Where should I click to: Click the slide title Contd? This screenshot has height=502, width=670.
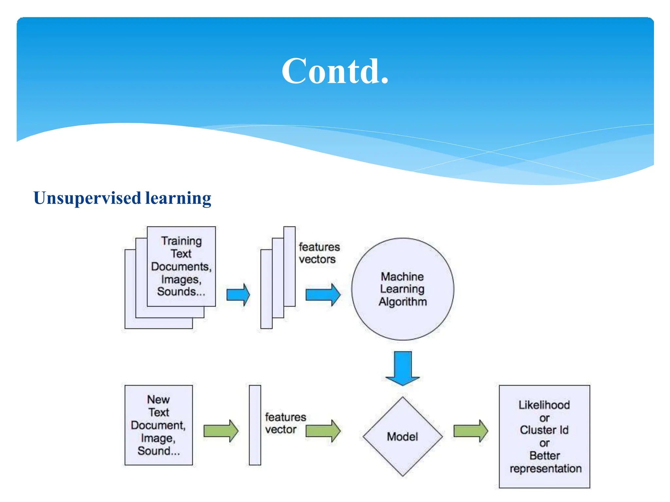(x=335, y=71)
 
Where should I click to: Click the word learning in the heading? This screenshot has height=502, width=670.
(x=178, y=198)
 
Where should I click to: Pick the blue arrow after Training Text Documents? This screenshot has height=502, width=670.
(x=238, y=295)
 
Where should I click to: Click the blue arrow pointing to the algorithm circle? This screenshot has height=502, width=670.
(x=323, y=295)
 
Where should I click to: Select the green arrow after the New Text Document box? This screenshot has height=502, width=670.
(x=220, y=431)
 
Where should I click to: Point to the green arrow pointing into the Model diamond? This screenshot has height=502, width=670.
(x=323, y=431)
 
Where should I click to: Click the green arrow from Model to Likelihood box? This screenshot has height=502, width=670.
(x=470, y=431)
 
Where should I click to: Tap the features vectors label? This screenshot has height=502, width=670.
(x=319, y=253)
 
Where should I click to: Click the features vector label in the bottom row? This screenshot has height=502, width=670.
(x=285, y=423)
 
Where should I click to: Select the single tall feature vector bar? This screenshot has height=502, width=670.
(x=255, y=425)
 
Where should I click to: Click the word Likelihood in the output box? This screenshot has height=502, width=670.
(x=544, y=405)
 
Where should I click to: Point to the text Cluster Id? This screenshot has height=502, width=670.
(x=544, y=430)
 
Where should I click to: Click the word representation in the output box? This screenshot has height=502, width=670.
(x=545, y=468)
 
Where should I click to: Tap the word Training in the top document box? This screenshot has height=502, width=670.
(x=182, y=241)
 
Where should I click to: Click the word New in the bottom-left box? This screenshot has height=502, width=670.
(x=158, y=399)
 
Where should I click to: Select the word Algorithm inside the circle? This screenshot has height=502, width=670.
(x=403, y=301)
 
